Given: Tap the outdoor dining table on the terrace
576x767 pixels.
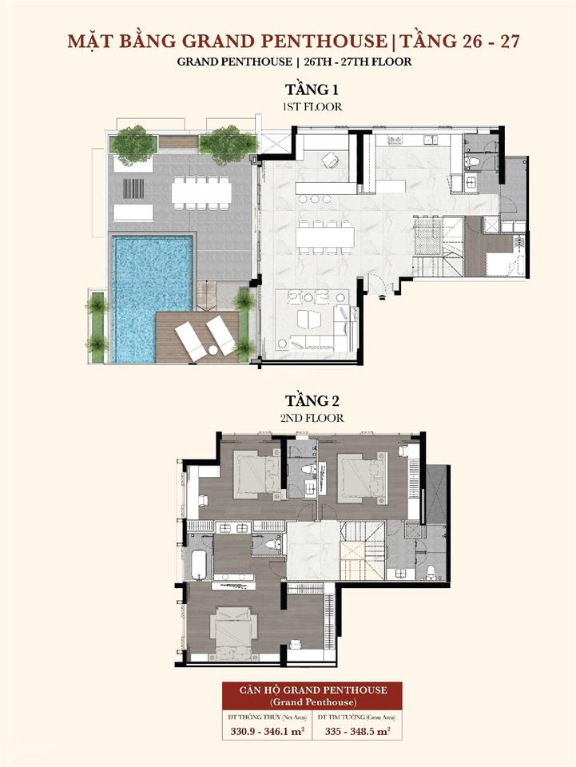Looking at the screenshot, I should click(x=201, y=193).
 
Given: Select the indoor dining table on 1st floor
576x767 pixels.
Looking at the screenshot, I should click(x=324, y=236).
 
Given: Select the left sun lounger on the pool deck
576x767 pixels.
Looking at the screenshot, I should click(x=191, y=340).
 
